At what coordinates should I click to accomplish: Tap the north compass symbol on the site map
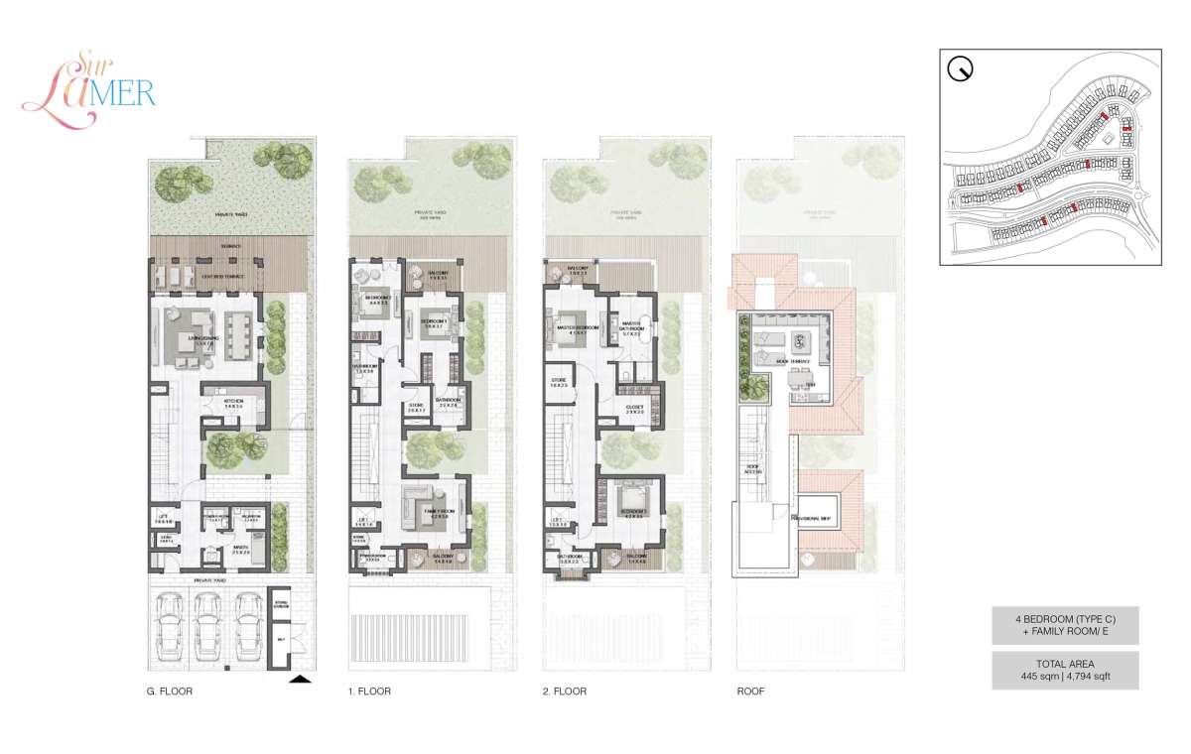point(960,69)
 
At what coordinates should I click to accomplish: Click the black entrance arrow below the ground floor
point(299,679)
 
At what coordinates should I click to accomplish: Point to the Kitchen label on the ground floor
point(234,402)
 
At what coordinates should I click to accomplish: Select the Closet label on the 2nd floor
point(634,407)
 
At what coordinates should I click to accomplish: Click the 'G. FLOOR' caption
point(168,691)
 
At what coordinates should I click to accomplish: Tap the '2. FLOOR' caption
point(566,691)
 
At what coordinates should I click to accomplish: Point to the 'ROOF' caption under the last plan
point(751,691)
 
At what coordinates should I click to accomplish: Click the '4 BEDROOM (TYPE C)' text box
point(1065,625)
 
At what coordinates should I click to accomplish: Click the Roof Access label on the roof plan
point(751,468)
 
